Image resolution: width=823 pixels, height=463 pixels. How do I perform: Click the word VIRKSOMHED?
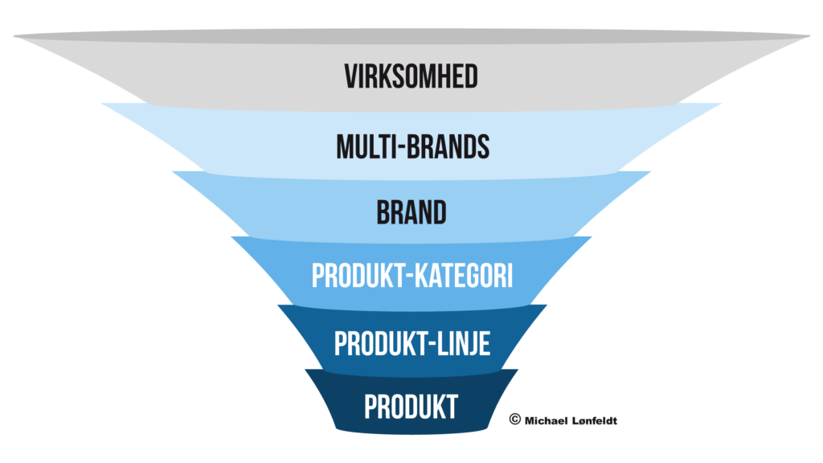(411, 76)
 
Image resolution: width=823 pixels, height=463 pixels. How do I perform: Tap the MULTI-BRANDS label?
(411, 147)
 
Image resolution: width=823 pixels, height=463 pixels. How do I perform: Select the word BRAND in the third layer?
(411, 213)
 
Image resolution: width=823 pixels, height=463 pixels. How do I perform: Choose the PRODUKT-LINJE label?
(411, 344)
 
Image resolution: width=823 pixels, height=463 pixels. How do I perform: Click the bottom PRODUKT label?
(411, 407)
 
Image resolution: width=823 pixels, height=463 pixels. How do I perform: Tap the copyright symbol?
(514, 418)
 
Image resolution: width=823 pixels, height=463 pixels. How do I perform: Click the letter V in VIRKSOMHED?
(350, 76)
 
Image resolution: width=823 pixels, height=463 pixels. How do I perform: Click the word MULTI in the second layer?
(364, 147)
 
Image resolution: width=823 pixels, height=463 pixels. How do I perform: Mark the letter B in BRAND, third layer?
(383, 213)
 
